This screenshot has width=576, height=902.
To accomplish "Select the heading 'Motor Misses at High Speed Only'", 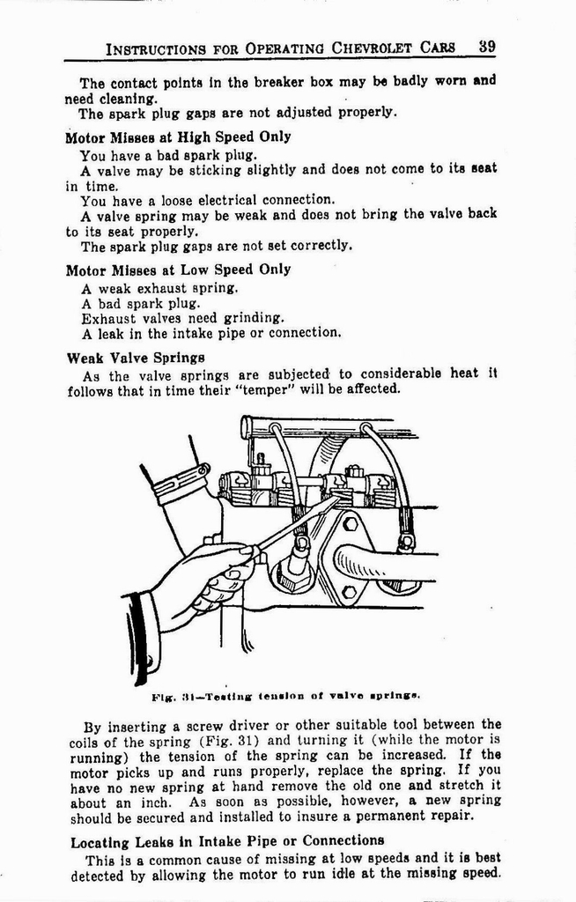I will coord(178,137).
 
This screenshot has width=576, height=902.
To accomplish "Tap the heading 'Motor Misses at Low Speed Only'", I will coord(178,270).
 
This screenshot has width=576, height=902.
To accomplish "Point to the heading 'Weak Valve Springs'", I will coord(136,358).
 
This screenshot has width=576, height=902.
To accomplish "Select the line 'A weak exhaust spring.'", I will coord(159,288).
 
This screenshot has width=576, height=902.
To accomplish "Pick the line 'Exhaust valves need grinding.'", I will coord(183,318).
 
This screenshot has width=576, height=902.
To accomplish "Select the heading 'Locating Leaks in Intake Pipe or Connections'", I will coord(227,841).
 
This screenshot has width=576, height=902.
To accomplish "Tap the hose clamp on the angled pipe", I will coord(181,484).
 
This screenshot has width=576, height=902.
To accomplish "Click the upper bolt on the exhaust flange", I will coord(351,525).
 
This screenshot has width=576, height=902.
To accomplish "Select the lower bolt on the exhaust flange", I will coord(349,591).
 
